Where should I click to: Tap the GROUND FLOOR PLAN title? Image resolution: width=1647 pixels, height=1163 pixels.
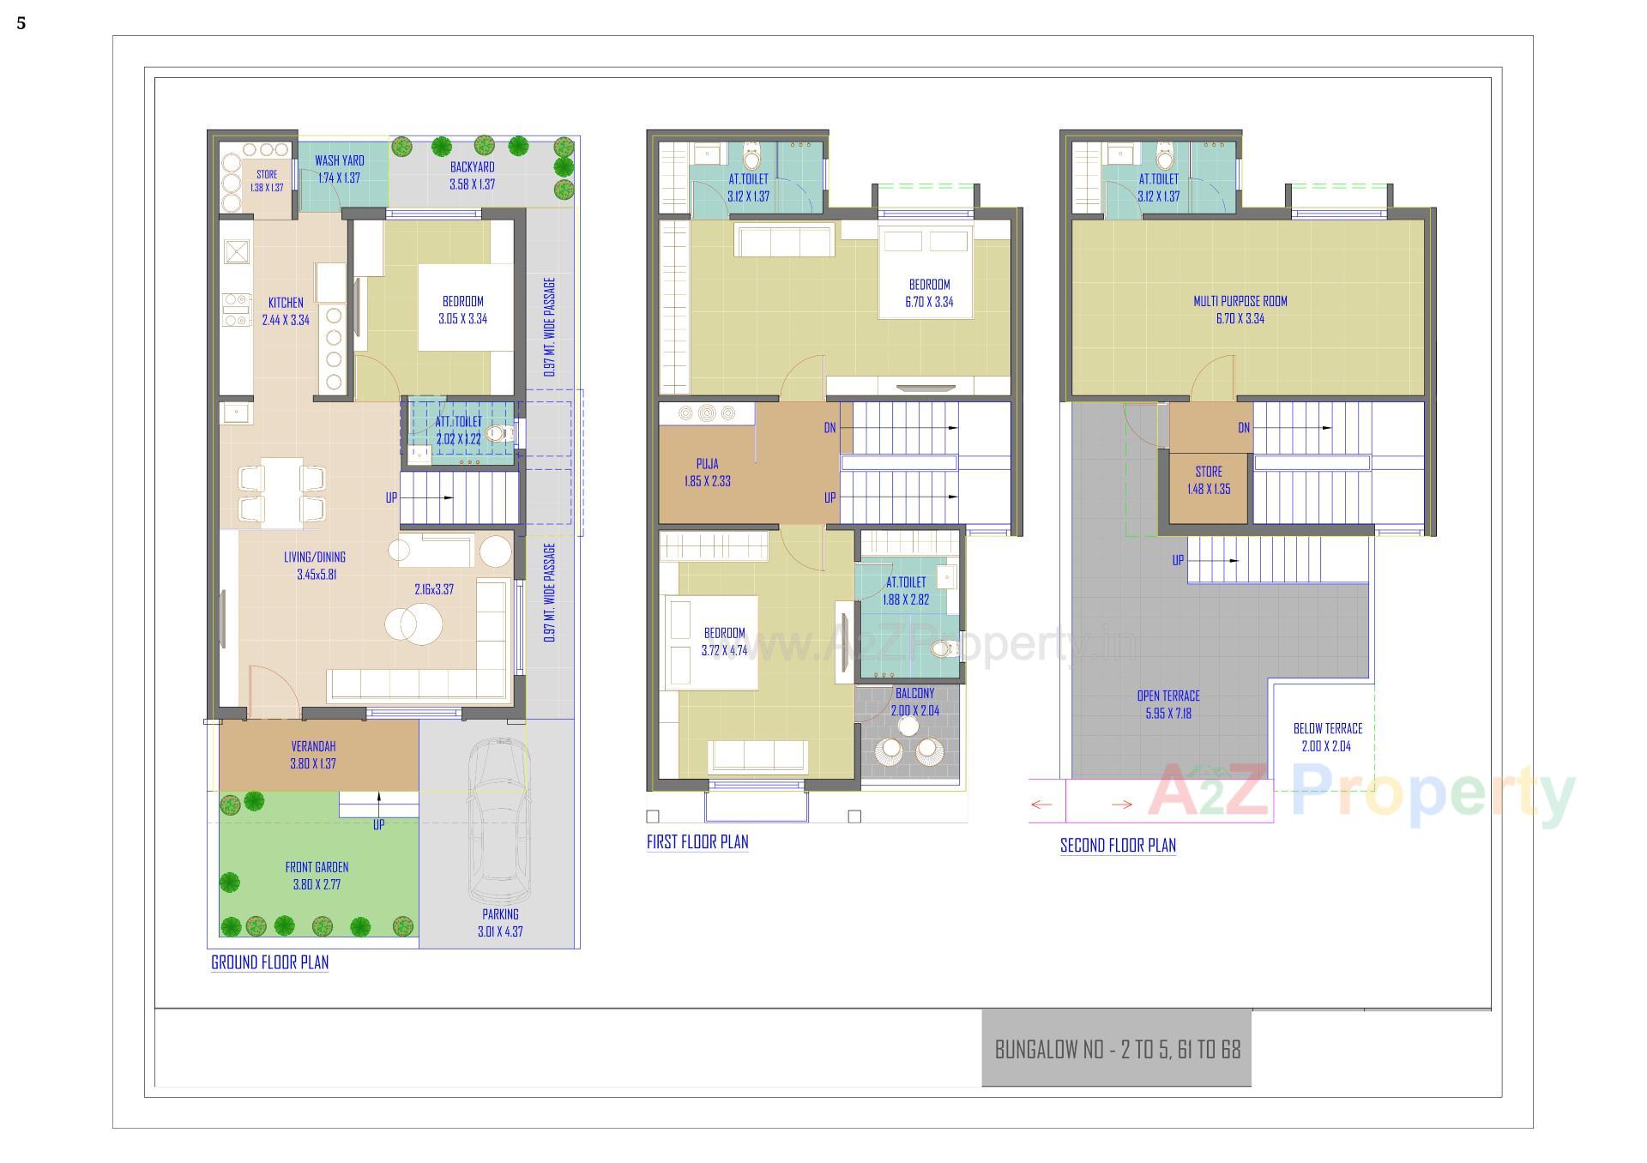pos(269,962)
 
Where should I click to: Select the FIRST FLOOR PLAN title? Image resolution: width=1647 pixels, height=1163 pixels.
pos(697,841)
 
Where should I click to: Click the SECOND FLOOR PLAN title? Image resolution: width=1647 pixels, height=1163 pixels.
pos(1118,845)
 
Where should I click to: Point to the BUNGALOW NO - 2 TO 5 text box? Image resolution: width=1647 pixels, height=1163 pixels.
pos(1117,1049)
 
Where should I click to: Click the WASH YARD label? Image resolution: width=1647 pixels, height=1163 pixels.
pos(339,160)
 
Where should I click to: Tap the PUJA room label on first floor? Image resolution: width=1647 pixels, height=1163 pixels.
pos(708,464)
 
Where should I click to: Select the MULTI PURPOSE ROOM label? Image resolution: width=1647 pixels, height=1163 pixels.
pos(1240,301)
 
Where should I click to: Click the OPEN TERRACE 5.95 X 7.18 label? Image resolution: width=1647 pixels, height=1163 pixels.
pos(1167,704)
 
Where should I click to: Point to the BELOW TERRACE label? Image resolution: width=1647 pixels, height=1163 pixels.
pos(1327,728)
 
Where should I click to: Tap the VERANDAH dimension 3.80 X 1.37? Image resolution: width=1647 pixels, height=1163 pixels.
pos(313,763)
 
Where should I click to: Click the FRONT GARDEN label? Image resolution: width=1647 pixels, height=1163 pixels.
pos(317,867)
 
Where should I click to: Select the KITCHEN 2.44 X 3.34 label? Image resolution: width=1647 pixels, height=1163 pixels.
pos(286,311)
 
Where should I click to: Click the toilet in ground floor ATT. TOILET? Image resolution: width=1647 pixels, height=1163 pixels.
pos(497,433)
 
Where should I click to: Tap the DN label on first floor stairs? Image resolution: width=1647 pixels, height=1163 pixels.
pos(830,427)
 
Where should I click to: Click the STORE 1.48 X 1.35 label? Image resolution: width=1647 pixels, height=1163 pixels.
pos(1209,479)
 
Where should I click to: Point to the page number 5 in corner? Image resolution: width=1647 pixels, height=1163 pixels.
pos(21,23)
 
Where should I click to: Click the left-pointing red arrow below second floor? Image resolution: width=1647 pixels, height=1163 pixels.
pos(1041,804)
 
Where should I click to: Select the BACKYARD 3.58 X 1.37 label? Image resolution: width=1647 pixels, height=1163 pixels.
pos(472,175)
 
